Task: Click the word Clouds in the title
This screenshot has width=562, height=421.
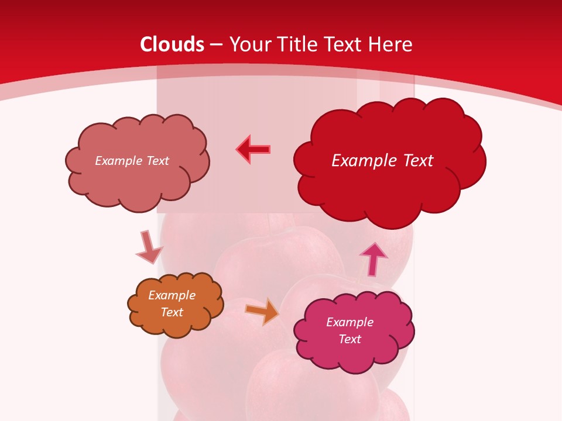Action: [172, 44]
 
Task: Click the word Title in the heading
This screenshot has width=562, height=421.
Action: [299, 44]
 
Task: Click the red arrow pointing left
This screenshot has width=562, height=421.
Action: [253, 150]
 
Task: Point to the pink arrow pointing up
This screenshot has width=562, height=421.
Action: [373, 259]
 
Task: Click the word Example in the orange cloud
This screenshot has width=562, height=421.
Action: [172, 295]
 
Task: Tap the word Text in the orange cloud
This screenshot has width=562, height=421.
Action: [172, 312]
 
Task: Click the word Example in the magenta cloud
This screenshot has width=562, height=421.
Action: [349, 322]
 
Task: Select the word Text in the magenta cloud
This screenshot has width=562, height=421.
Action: [349, 339]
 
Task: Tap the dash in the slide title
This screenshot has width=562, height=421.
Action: [215, 44]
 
